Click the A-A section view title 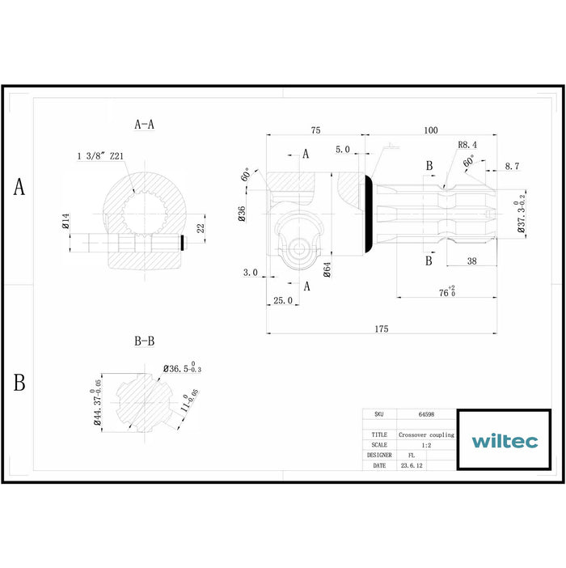coord(145,125)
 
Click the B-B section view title coord(144,341)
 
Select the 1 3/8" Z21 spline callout coord(101,155)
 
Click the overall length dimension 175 coord(382,329)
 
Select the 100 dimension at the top coord(430,130)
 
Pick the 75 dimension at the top coord(315,130)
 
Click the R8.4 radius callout coord(467,145)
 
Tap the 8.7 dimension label coord(512,166)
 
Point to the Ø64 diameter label coord(327,269)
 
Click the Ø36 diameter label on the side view coord(243,214)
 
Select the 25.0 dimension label coord(282,300)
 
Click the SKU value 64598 coord(426,413)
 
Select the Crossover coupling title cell coord(426,434)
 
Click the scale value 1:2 coord(426,445)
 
